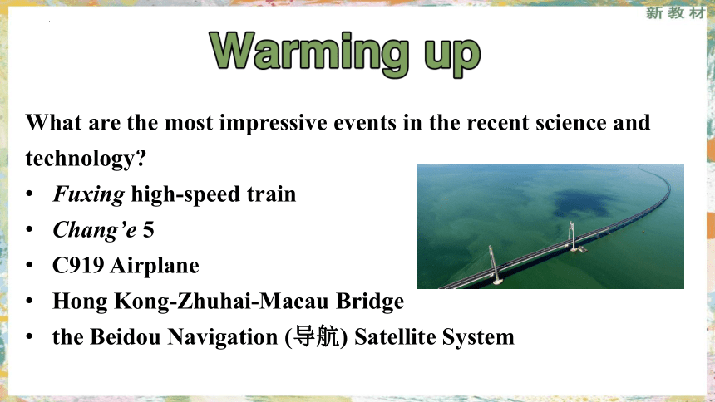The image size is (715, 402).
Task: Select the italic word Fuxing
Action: click(88, 194)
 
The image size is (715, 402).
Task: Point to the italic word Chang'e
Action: click(95, 229)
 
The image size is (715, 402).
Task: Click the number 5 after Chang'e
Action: click(148, 230)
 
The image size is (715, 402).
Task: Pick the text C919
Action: click(78, 265)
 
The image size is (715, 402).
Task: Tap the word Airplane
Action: click(155, 266)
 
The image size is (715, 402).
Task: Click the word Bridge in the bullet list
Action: click(370, 301)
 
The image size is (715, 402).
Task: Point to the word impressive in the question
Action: click(274, 123)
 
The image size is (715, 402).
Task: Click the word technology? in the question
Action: click(86, 159)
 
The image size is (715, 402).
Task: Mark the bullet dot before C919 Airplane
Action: click(30, 265)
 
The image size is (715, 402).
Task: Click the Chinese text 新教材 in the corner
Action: click(675, 12)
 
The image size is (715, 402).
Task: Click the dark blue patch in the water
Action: click(581, 203)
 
